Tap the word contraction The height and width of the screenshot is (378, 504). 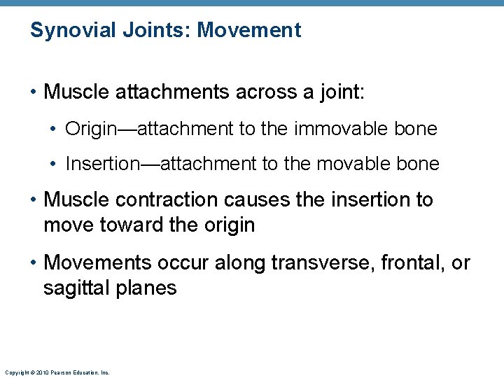click(158, 200)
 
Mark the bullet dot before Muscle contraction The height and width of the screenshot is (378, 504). click(34, 200)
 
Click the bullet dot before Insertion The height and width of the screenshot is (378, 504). click(55, 164)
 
